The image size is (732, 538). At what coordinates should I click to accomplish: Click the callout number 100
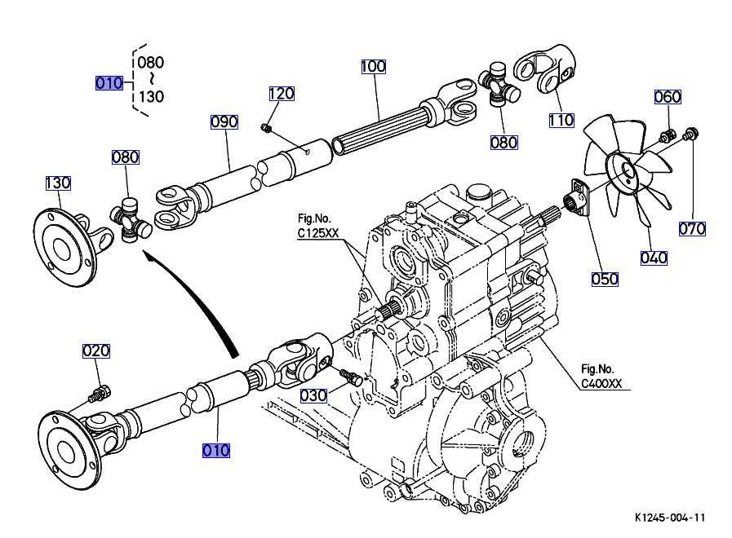[373, 66]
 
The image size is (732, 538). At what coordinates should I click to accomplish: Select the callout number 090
[224, 122]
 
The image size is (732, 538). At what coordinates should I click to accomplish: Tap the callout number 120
[281, 94]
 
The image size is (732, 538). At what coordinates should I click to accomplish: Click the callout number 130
[58, 183]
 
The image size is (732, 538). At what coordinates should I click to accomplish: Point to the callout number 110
[561, 121]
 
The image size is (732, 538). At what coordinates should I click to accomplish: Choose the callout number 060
[668, 97]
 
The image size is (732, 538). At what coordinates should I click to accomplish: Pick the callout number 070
[692, 229]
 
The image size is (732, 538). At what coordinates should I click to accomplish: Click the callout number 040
[654, 258]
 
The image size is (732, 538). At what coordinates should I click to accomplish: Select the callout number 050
[605, 278]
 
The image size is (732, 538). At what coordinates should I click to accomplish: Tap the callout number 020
[95, 351]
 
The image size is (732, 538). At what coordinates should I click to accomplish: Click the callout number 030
[313, 395]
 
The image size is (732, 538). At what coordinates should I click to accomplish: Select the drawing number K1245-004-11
[670, 518]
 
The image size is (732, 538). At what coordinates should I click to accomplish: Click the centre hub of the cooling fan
[626, 172]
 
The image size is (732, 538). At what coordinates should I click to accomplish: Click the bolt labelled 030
[352, 378]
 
